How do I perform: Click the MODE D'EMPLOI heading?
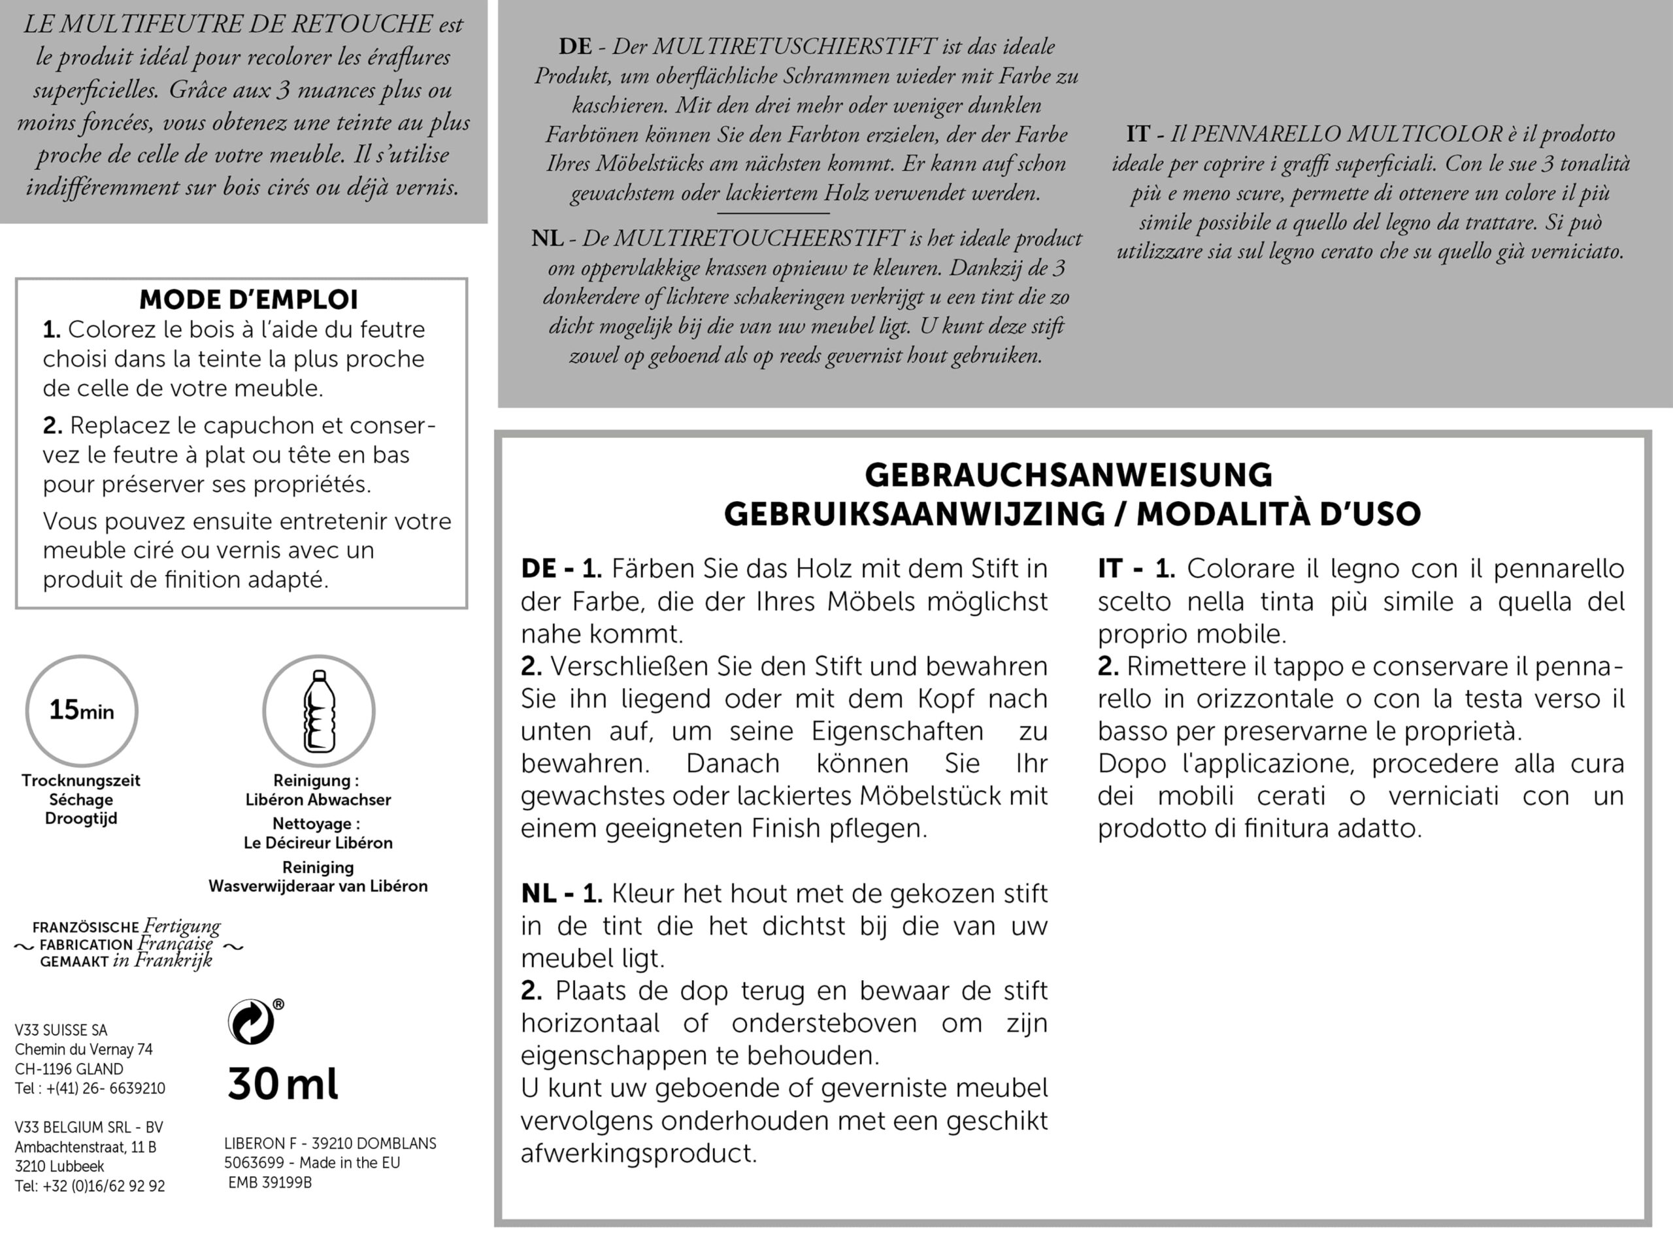tap(248, 299)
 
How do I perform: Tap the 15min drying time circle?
tap(82, 710)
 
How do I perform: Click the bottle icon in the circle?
tap(318, 710)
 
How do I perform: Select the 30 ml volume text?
tap(283, 1085)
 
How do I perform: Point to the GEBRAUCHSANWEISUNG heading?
tap(1068, 475)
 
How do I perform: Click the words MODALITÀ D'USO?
tap(1278, 514)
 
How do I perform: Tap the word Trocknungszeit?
tap(80, 781)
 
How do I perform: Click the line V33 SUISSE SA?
tap(61, 1030)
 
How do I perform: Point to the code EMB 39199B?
tap(270, 1183)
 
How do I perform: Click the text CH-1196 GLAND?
tap(69, 1069)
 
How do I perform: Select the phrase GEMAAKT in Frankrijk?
tap(126, 962)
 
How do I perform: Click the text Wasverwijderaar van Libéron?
tap(318, 886)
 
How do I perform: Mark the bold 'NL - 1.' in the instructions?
tap(561, 894)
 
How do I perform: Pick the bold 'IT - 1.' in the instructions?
tap(1136, 568)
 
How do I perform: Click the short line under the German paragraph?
tap(772, 214)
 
